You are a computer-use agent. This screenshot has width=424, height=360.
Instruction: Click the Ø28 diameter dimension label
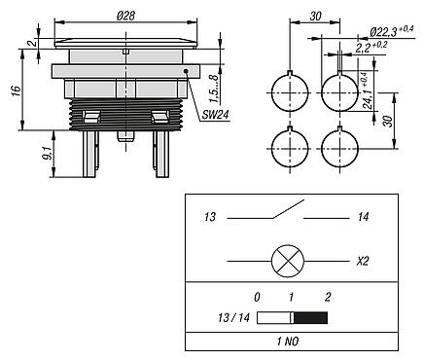coord(125,16)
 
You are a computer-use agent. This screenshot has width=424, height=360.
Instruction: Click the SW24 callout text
coord(216,115)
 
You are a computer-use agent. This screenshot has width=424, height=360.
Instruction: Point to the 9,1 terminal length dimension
coord(48,153)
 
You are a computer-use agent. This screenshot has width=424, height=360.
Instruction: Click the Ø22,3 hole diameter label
coord(391,31)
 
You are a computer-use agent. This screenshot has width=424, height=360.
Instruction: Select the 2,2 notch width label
coord(371,48)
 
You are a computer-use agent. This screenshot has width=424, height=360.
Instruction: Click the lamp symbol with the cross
coord(288,261)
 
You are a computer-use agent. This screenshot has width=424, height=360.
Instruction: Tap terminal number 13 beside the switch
coord(210,217)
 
